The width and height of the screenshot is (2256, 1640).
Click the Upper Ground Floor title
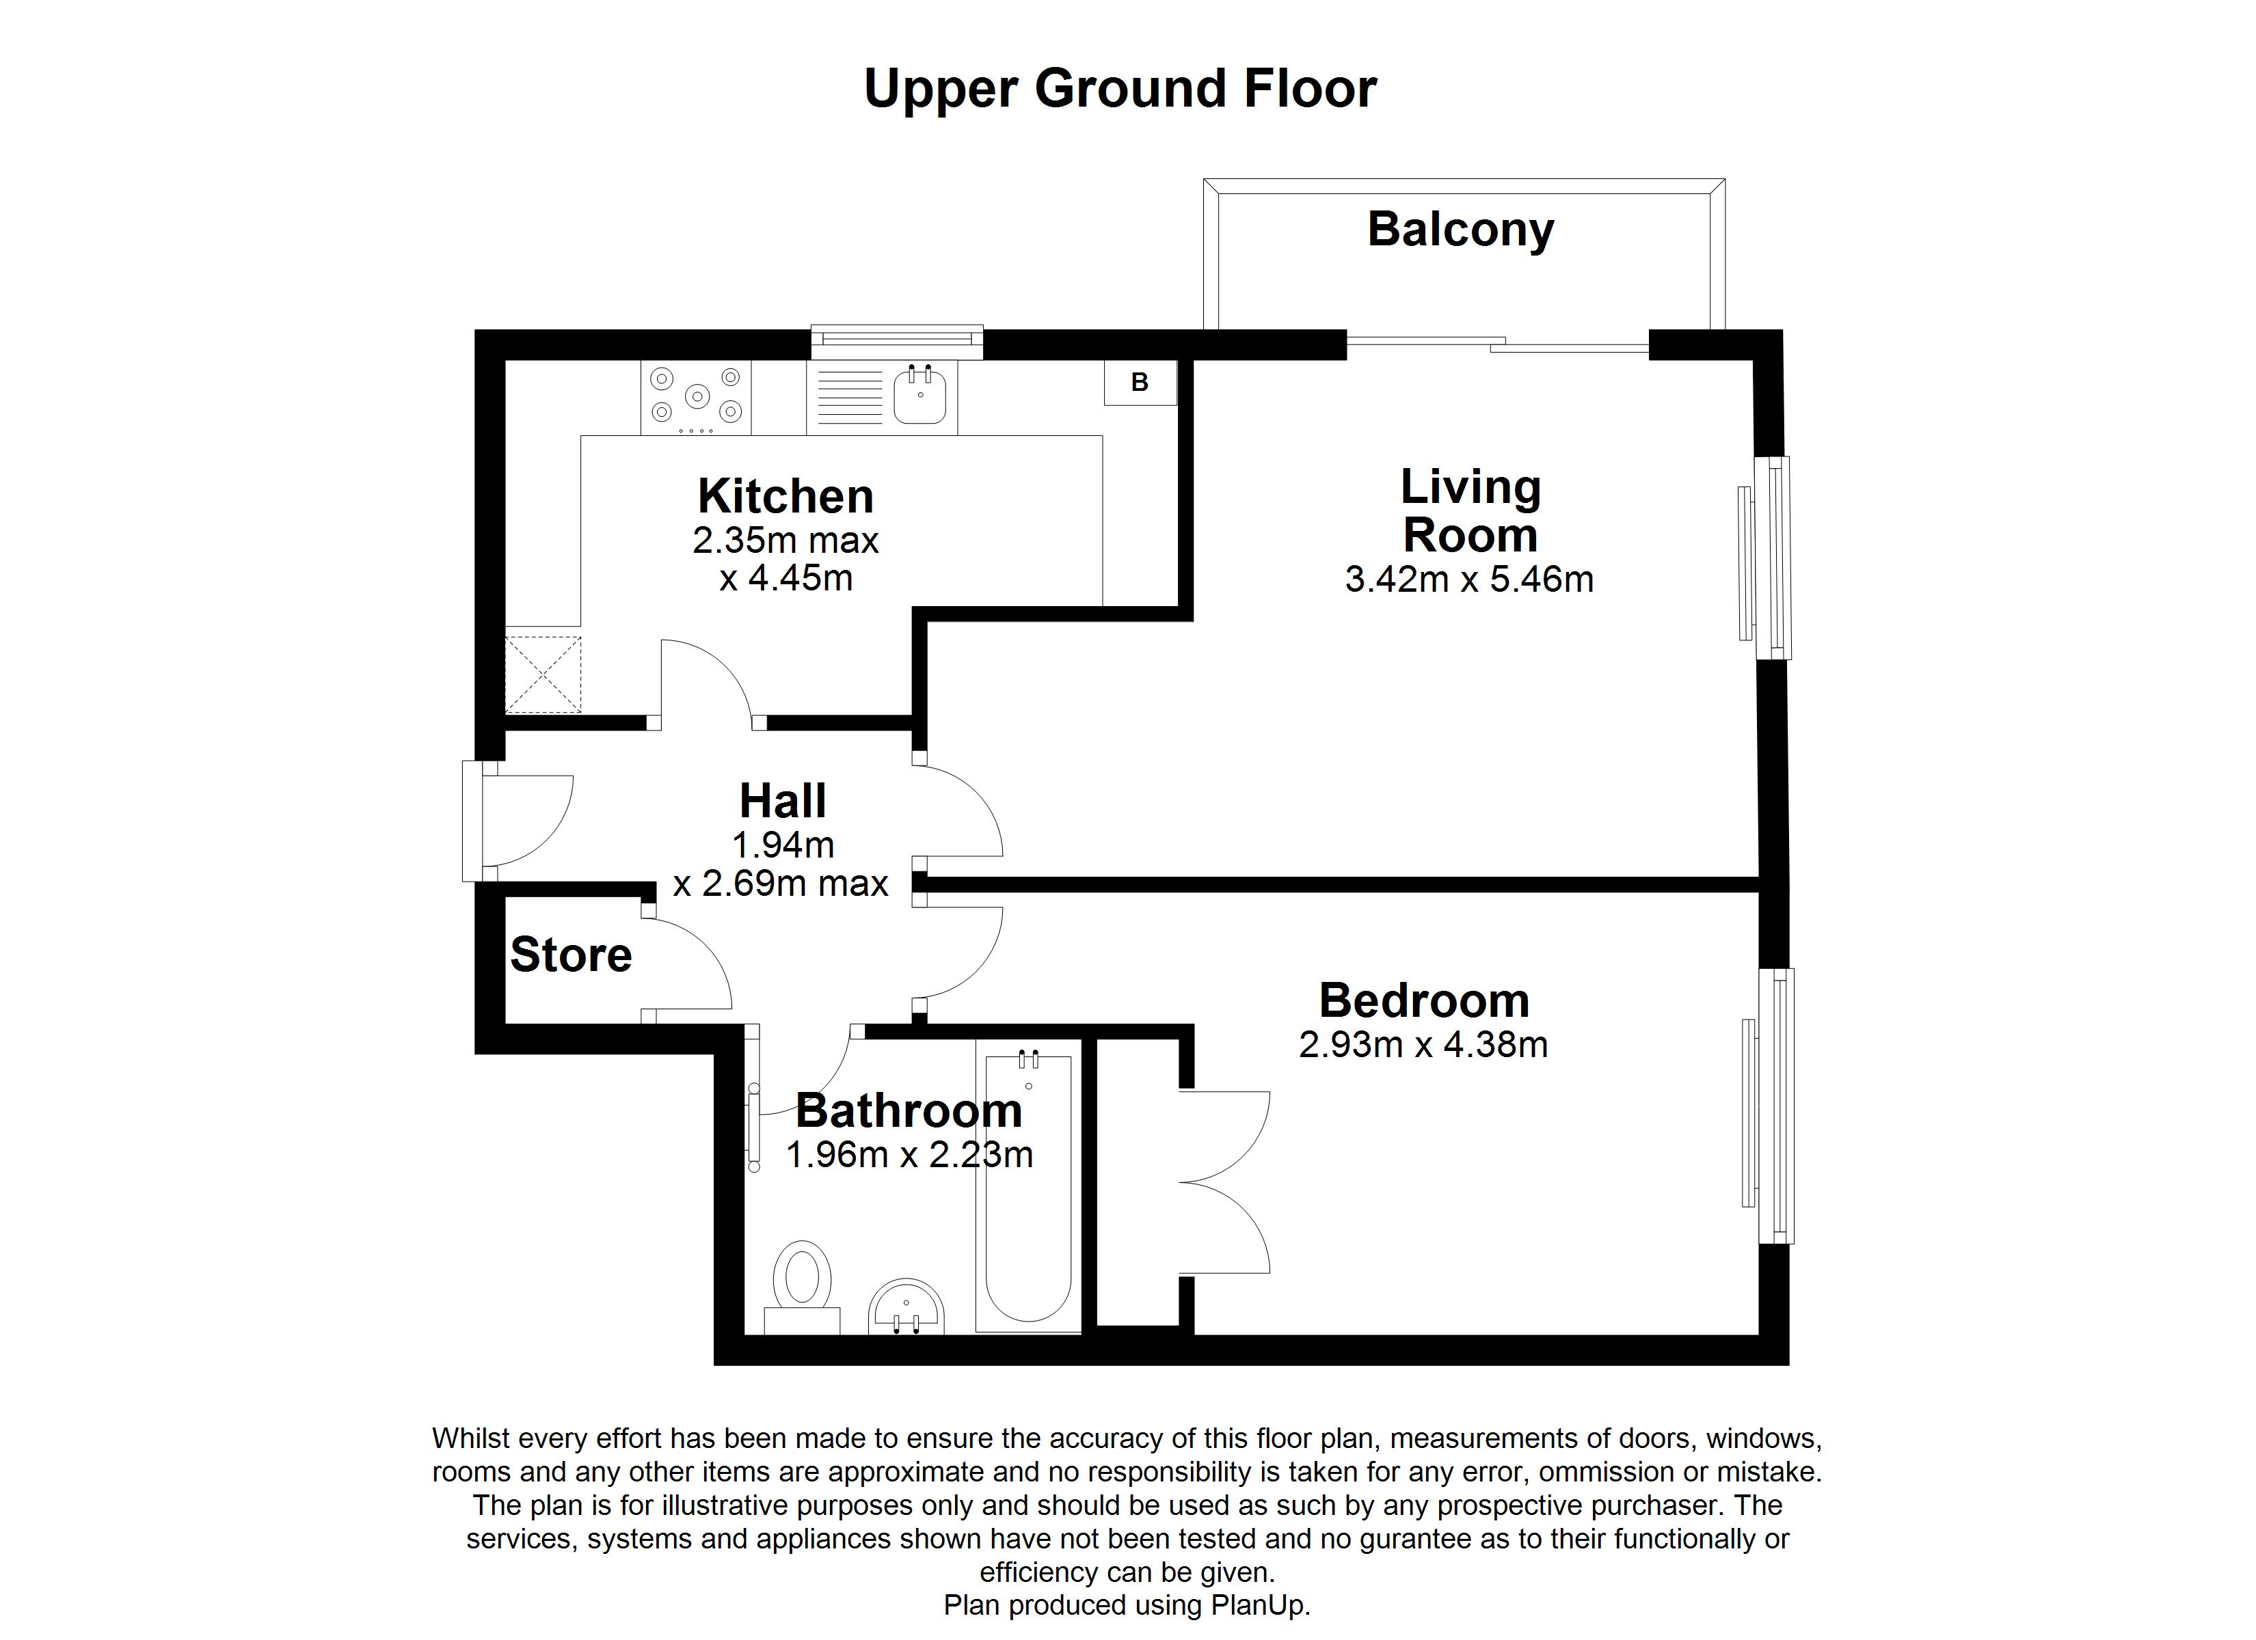(1120, 89)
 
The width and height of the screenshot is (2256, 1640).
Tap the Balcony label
(1460, 230)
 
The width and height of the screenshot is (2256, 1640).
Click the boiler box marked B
(1140, 383)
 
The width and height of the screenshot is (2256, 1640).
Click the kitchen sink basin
(919, 396)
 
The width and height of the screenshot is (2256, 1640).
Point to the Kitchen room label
(785, 496)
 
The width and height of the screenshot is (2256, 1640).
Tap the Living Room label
(1471, 511)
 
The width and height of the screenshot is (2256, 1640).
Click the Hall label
(783, 801)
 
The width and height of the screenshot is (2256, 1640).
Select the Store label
(571, 955)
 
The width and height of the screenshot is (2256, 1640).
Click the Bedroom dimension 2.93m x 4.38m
(1423, 1045)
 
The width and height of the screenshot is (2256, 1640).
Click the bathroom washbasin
(905, 1308)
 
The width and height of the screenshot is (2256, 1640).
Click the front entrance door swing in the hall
(527, 821)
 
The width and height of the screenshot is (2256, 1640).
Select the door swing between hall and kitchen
(704, 681)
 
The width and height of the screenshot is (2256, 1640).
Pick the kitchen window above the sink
(896, 341)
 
